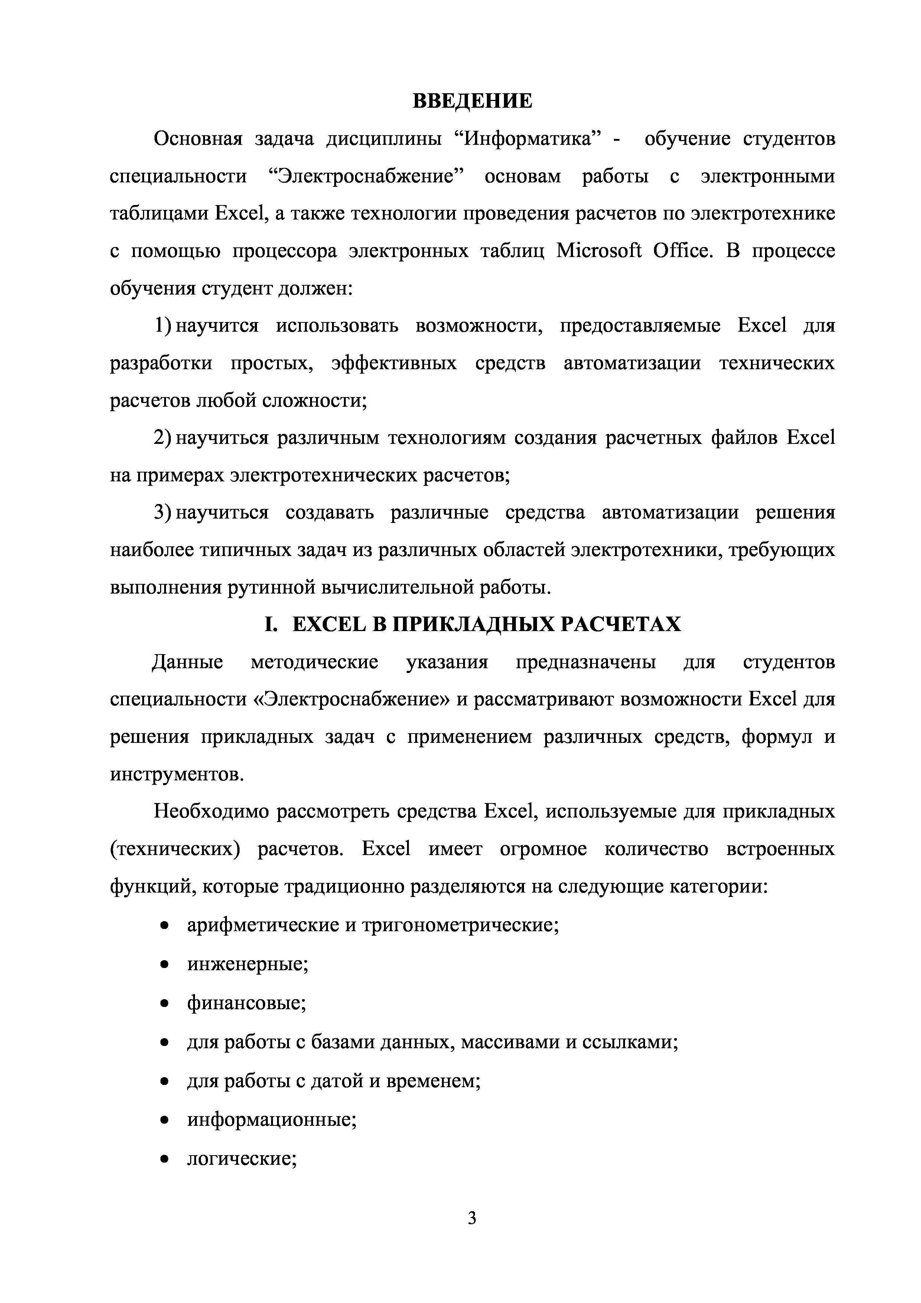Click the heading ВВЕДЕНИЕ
pos(472,101)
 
